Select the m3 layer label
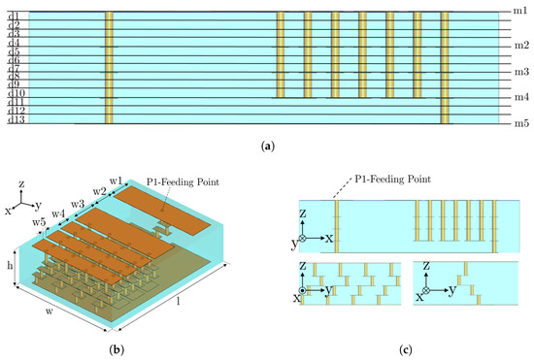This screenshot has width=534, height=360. [519, 72]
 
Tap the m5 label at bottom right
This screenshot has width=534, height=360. [519, 122]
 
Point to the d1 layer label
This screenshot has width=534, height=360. [14, 16]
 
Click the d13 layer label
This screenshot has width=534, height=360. [16, 119]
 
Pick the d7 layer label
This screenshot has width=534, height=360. [14, 68]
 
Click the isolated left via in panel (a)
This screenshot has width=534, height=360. [109, 68]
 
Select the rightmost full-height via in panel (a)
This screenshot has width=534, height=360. [446, 68]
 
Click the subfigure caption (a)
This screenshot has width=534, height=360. [266, 146]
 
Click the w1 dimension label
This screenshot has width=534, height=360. [117, 180]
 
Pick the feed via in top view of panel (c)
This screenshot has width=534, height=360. [336, 228]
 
